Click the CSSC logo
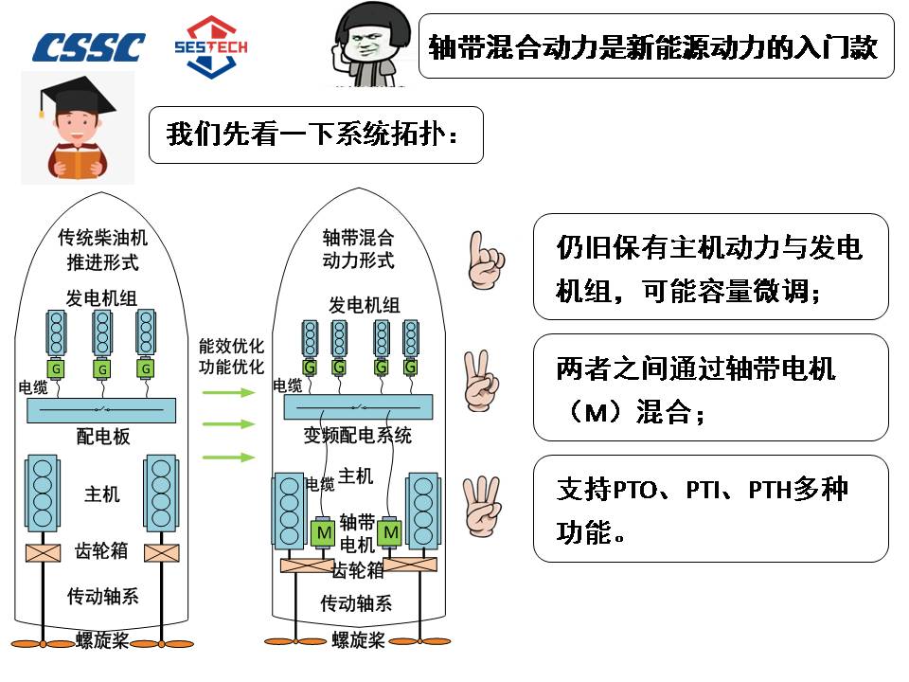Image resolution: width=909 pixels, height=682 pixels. point(89,46)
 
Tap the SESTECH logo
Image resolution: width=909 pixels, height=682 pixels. point(211,45)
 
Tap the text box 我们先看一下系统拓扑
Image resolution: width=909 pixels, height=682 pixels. point(315,135)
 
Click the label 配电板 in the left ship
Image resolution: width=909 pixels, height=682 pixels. point(103,437)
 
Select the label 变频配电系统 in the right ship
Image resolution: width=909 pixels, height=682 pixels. point(357,436)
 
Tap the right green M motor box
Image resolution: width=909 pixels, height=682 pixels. point(390,533)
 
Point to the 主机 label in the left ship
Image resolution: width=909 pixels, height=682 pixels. point(102,494)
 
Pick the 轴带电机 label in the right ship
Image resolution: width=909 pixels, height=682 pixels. point(357,533)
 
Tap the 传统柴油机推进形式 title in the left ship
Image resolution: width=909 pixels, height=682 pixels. point(102,247)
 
